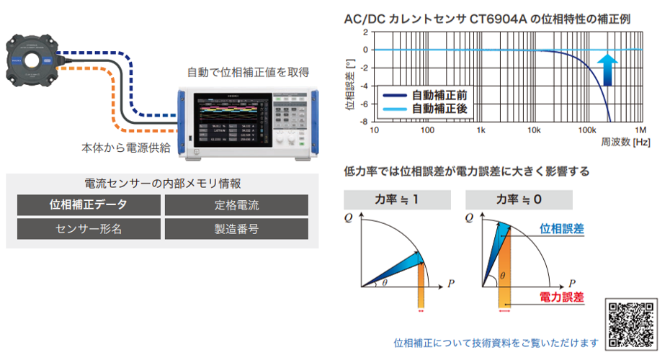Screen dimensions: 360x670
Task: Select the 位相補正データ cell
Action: coord(89,204)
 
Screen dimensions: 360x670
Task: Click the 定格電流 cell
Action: coord(236,204)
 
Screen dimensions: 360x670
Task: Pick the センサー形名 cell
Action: coord(89,229)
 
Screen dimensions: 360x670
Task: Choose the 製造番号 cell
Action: coord(236,229)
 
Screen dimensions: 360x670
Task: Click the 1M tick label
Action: coord(640,130)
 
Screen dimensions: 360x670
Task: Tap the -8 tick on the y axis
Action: coord(365,122)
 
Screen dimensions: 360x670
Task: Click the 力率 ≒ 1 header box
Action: coord(397,199)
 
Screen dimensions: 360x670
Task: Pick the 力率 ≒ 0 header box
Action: coord(519,199)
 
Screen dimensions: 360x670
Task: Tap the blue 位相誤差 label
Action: coord(562,229)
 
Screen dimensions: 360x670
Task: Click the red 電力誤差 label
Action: coord(561,297)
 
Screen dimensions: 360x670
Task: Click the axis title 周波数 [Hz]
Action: coord(626,143)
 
